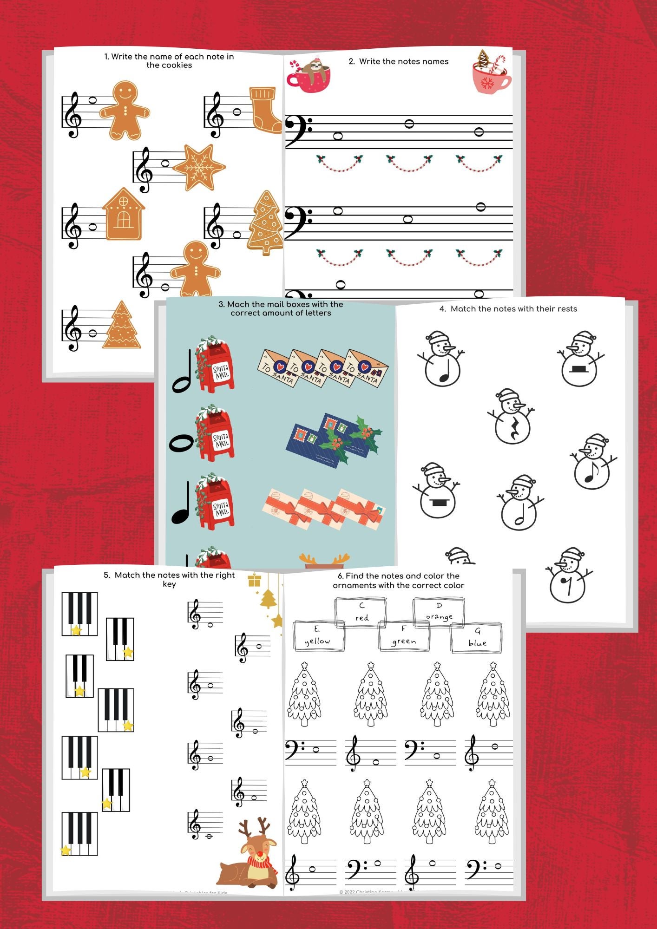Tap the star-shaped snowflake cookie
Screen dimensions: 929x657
pyautogui.click(x=199, y=167)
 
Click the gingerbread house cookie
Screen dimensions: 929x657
pyautogui.click(x=123, y=215)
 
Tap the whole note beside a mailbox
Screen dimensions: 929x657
pyautogui.click(x=181, y=443)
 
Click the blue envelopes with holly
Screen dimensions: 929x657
pyautogui.click(x=333, y=439)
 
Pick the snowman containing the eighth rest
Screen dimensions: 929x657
pyautogui.click(x=568, y=576)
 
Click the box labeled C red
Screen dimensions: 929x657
pyautogui.click(x=361, y=612)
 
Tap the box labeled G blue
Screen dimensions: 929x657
pyautogui.click(x=477, y=637)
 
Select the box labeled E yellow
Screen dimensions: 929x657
pyautogui.click(x=318, y=635)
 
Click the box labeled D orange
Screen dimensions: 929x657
pyautogui.click(x=439, y=612)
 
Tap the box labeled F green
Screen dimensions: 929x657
pyautogui.click(x=403, y=635)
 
